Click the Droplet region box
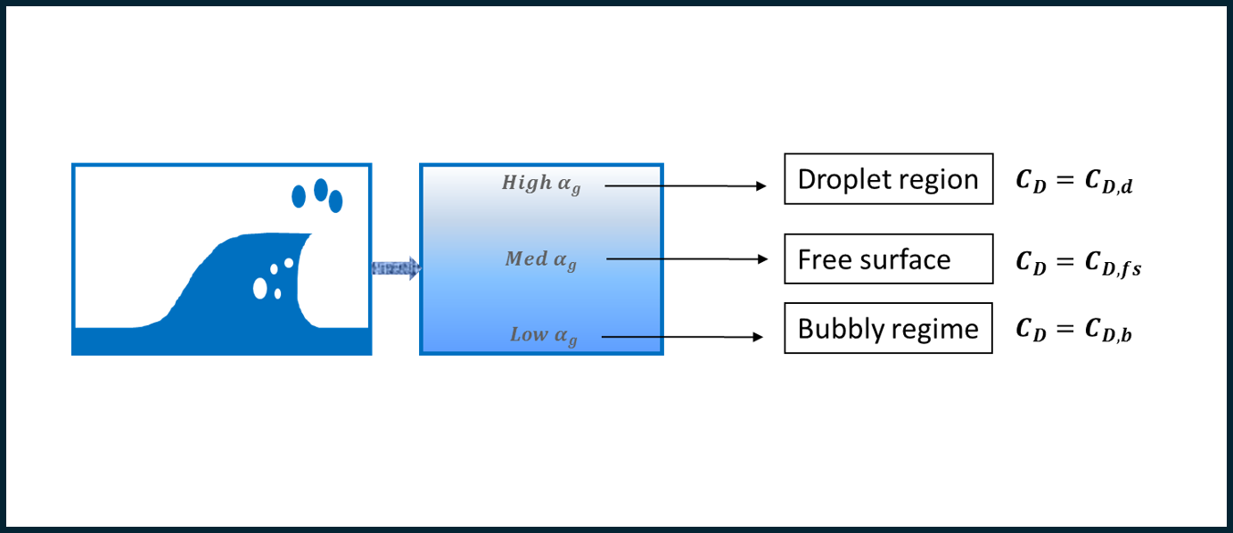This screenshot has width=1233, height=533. click(889, 179)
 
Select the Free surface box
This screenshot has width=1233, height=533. click(889, 258)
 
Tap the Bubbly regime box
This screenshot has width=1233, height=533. click(888, 328)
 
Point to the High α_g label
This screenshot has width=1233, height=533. click(541, 184)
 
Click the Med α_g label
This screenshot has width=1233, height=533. click(541, 260)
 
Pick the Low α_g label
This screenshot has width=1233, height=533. click(544, 335)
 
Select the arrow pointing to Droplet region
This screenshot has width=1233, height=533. click(686, 186)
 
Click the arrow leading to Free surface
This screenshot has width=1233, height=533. click(687, 258)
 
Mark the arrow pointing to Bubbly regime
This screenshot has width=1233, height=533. click(683, 337)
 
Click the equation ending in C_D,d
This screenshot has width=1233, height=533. click(1074, 182)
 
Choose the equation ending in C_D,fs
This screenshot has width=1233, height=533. click(1079, 263)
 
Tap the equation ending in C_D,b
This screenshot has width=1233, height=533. click(1074, 330)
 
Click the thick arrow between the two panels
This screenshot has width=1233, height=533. click(397, 268)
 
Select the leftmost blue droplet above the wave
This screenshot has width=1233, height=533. click(299, 196)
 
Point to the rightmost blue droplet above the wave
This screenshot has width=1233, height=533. click(336, 201)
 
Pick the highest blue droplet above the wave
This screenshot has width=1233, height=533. click(321, 190)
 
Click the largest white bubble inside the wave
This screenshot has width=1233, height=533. click(259, 288)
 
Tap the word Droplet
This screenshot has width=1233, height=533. click(843, 179)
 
